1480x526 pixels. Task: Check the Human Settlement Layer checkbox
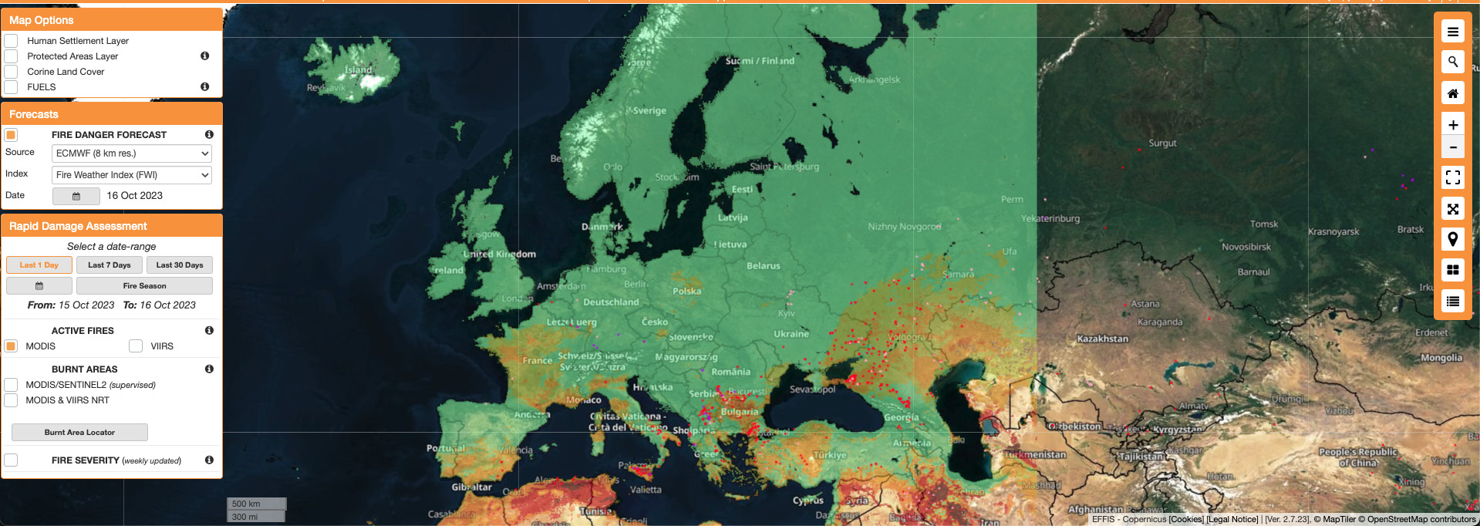pyautogui.click(x=11, y=41)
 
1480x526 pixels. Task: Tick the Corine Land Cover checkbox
pyautogui.click(x=11, y=72)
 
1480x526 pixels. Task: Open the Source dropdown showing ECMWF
pyautogui.click(x=131, y=153)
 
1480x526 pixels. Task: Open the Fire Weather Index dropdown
pyautogui.click(x=131, y=175)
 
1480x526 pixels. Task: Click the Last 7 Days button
pyautogui.click(x=110, y=265)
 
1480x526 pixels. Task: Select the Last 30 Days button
pyautogui.click(x=180, y=265)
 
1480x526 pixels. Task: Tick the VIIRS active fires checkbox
pyautogui.click(x=136, y=346)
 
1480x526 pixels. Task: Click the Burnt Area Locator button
pyautogui.click(x=79, y=433)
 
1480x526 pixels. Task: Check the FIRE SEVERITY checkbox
pyautogui.click(x=11, y=460)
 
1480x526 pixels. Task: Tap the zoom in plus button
pyautogui.click(x=1453, y=125)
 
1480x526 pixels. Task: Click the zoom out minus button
pyautogui.click(x=1453, y=147)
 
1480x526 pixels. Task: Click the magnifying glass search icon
pyautogui.click(x=1453, y=62)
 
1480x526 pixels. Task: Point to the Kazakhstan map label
pyautogui.click(x=1102, y=339)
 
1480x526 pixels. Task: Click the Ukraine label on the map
pyautogui.click(x=791, y=334)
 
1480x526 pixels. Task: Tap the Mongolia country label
pyautogui.click(x=1441, y=358)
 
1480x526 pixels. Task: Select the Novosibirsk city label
pyautogui.click(x=1246, y=247)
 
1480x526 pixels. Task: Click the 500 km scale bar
pyautogui.click(x=256, y=504)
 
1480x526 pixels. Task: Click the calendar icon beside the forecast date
pyautogui.click(x=76, y=197)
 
